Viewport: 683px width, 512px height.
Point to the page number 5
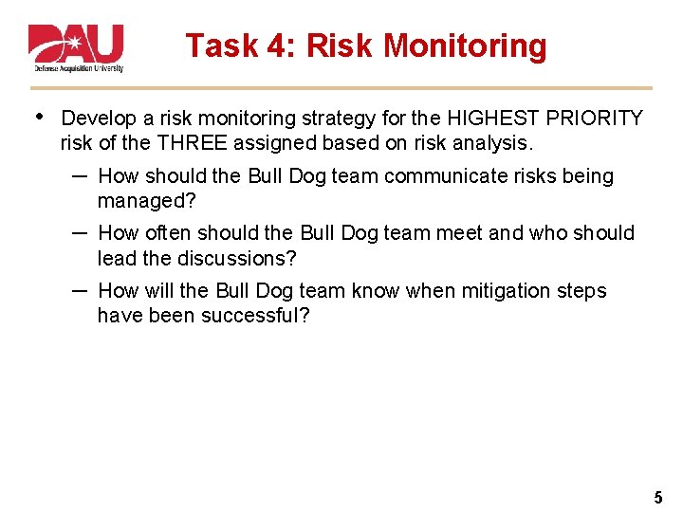click(658, 497)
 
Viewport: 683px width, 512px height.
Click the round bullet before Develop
click(37, 117)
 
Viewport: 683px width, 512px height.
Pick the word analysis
click(494, 143)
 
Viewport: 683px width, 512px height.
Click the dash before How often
click(80, 232)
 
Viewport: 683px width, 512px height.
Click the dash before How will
click(80, 290)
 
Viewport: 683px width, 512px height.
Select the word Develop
click(99, 119)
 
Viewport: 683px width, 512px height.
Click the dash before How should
click(80, 175)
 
